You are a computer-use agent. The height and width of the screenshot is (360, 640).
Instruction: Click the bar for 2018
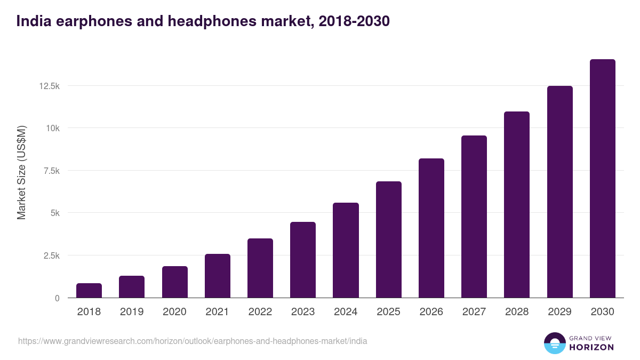(89, 291)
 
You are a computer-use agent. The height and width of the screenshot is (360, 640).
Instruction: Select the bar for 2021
(217, 276)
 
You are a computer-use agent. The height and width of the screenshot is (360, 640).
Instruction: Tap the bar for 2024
(346, 250)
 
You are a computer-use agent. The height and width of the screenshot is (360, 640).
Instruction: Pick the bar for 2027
(474, 217)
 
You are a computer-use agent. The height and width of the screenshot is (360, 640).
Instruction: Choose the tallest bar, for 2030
(602, 179)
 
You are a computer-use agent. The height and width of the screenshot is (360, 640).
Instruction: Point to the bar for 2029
(559, 192)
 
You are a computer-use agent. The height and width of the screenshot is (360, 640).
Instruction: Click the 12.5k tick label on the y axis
(49, 86)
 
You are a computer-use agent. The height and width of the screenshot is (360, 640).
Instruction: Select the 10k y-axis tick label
(52, 128)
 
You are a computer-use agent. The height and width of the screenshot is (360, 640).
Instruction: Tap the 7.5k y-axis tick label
(51, 171)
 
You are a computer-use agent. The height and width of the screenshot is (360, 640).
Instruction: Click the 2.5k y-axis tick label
(51, 255)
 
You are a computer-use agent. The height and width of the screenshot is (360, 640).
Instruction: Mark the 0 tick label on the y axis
(57, 298)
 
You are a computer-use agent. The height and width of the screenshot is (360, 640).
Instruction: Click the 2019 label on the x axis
(131, 312)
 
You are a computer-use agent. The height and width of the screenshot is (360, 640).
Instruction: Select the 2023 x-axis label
(302, 312)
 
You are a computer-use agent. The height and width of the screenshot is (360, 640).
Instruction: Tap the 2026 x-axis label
(431, 312)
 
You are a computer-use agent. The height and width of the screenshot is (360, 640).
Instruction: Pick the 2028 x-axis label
(517, 312)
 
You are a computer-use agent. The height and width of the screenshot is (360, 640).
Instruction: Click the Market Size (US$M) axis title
(21, 172)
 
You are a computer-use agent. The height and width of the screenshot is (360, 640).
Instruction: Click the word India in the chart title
(33, 21)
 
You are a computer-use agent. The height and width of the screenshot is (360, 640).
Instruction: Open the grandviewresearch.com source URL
(193, 341)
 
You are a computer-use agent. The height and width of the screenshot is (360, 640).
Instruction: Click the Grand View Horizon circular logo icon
(555, 343)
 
